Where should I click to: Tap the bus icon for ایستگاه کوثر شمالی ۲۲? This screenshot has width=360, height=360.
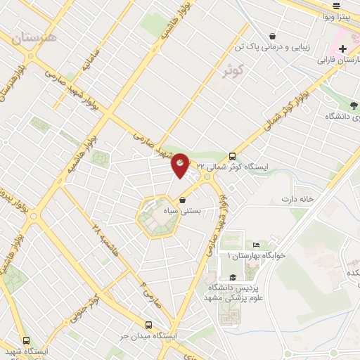pos(233,156)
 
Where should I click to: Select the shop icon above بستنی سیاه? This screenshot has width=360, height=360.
pos(183,200)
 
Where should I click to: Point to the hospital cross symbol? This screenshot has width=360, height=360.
pos(342,49)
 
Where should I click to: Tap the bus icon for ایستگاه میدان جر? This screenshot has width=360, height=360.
pos(148,325)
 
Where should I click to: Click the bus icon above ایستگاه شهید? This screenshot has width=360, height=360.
pos(26,340)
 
